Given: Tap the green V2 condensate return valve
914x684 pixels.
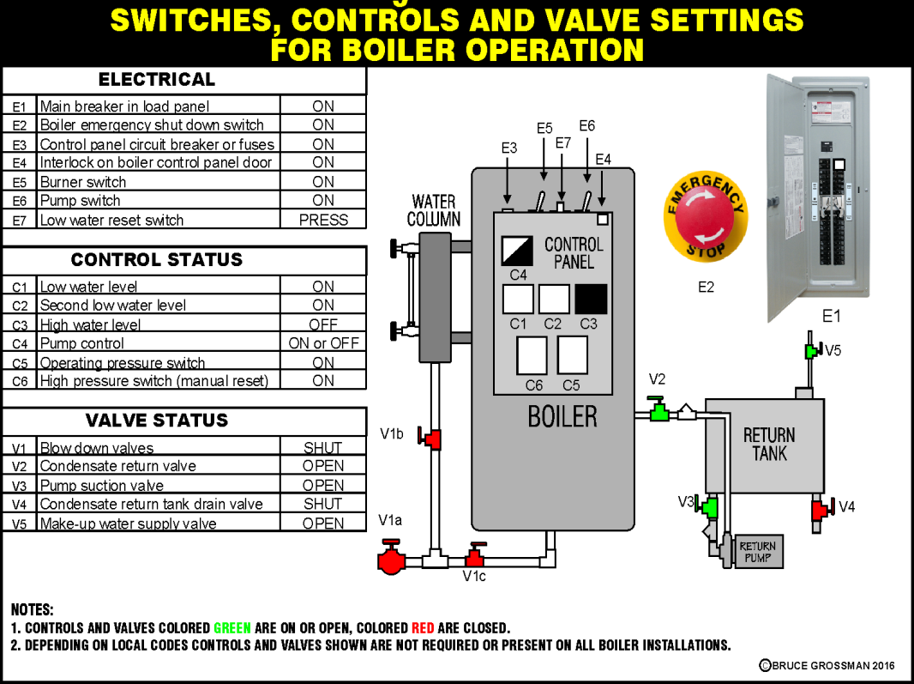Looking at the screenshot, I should click(658, 412).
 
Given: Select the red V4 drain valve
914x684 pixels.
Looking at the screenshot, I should click(820, 510).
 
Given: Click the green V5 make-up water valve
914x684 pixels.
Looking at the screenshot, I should click(810, 351).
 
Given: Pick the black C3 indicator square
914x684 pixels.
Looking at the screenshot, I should click(591, 299).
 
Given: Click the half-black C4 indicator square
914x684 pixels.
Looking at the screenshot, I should click(517, 251).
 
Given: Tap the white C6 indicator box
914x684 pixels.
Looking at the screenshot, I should click(532, 355).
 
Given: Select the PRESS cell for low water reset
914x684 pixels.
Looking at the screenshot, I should click(323, 220).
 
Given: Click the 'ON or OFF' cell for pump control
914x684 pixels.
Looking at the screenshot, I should click(323, 343).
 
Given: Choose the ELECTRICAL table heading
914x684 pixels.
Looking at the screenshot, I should click(157, 80).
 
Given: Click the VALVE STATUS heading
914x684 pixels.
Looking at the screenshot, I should click(157, 421).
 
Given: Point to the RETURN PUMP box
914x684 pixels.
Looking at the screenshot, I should click(757, 551).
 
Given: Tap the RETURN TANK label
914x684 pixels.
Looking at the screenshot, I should click(768, 444).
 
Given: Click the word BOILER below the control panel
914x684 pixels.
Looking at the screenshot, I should click(562, 417).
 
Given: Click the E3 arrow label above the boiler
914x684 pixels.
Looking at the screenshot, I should click(509, 148).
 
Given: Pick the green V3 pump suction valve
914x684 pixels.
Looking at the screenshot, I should click(709, 506).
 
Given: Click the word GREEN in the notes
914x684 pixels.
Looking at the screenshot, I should click(232, 628).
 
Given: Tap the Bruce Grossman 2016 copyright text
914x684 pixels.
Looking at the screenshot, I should click(827, 665).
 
